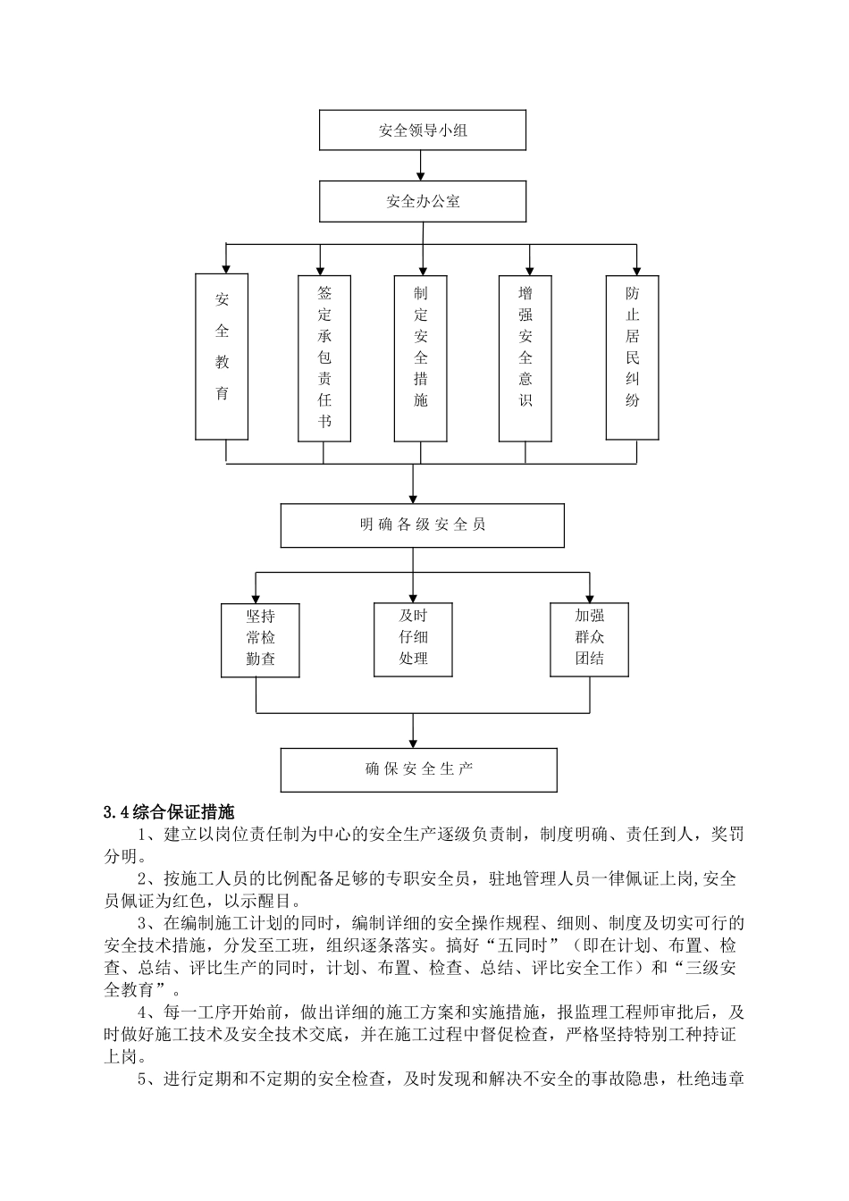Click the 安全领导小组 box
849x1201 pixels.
(422, 130)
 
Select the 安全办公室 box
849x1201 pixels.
(422, 201)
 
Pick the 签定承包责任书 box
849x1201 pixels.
(324, 358)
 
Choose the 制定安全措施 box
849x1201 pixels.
(421, 358)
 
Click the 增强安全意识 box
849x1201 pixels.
(525, 358)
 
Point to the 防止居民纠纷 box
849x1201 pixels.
(633, 357)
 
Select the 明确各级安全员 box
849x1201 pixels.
(422, 525)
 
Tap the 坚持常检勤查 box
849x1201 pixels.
(260, 640)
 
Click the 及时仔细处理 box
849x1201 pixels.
(413, 638)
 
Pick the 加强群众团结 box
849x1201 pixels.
(590, 638)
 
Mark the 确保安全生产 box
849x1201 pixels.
(418, 769)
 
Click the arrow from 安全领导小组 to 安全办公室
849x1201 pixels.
(422, 166)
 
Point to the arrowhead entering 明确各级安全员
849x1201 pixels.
(413, 499)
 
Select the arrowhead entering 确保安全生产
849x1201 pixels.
(413, 743)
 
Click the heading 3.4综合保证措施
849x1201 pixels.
(168, 813)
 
